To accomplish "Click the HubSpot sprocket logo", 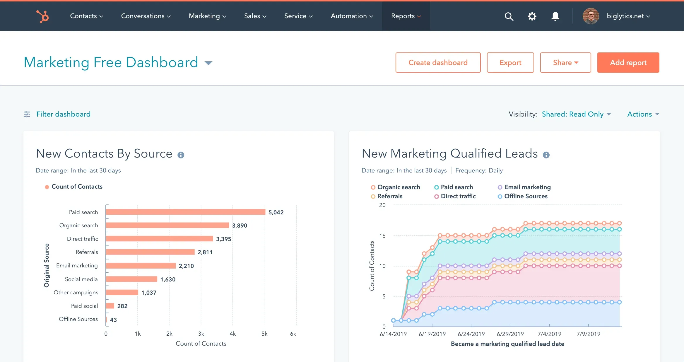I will pos(43,16).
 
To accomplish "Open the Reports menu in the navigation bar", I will pos(406,16).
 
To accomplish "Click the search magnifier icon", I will pos(509,16).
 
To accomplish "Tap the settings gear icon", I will pos(532,16).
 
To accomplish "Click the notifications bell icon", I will pos(555,16).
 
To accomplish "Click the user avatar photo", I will pos(590,16).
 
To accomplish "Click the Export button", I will pos(510,63).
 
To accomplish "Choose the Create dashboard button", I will pos(438,63).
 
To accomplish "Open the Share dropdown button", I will pos(565,63).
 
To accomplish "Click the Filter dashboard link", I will pos(63,114).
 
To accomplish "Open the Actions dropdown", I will pos(643,114).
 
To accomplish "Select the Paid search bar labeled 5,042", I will pos(185,212).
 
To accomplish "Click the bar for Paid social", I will pos(110,306).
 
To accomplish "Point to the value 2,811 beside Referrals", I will pos(205,252).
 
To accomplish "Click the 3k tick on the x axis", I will pos(201,334).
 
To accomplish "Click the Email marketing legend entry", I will pos(527,187).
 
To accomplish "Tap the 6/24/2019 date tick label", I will pos(471,334).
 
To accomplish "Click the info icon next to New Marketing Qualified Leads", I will pos(546,155).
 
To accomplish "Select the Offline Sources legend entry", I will pos(526,196).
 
